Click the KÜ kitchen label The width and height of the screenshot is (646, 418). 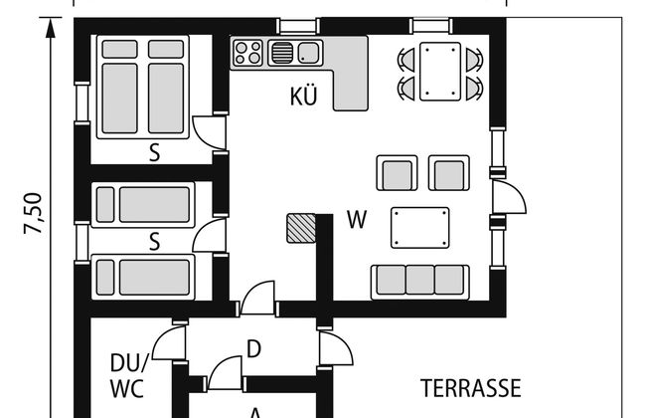pyautogui.click(x=304, y=96)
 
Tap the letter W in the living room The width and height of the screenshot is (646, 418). pyautogui.click(x=357, y=220)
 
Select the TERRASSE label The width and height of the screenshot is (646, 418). pyautogui.click(x=470, y=388)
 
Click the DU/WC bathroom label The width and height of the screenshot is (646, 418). pyautogui.click(x=128, y=376)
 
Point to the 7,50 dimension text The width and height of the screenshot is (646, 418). pyautogui.click(x=33, y=213)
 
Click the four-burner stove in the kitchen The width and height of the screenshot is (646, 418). pyautogui.click(x=247, y=53)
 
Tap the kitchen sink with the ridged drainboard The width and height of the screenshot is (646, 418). pyautogui.click(x=295, y=53)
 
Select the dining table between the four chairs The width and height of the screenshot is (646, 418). pyautogui.click(x=439, y=72)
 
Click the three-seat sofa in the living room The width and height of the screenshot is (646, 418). pyautogui.click(x=419, y=283)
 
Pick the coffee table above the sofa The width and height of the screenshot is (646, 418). pyautogui.click(x=419, y=228)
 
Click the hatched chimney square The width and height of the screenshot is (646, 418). pyautogui.click(x=301, y=228)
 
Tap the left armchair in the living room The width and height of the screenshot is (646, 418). pyautogui.click(x=397, y=173)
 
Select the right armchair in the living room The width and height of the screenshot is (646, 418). pyautogui.click(x=448, y=173)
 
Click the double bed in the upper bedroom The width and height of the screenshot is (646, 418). pyautogui.click(x=143, y=87)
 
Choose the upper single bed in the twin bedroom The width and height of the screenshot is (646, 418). pyautogui.click(x=143, y=205)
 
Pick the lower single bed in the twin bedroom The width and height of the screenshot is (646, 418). pyautogui.click(x=143, y=277)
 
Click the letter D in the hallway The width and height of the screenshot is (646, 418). pyautogui.click(x=253, y=349)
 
